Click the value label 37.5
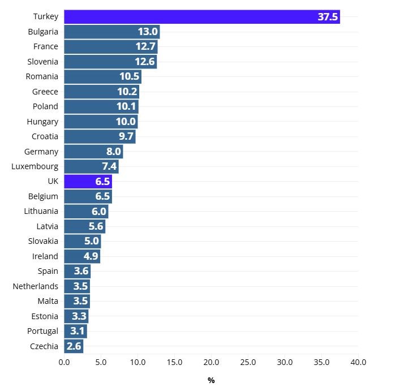click(327, 17)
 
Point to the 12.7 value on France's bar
click(146, 46)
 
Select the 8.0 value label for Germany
click(113, 151)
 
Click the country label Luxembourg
click(35, 166)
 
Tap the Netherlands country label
click(35, 286)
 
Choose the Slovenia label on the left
click(42, 62)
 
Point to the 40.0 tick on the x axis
click(358, 362)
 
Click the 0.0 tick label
click(64, 362)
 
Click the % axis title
click(211, 380)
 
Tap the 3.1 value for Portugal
click(77, 331)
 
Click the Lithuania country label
click(41, 211)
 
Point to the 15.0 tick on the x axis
click(174, 362)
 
